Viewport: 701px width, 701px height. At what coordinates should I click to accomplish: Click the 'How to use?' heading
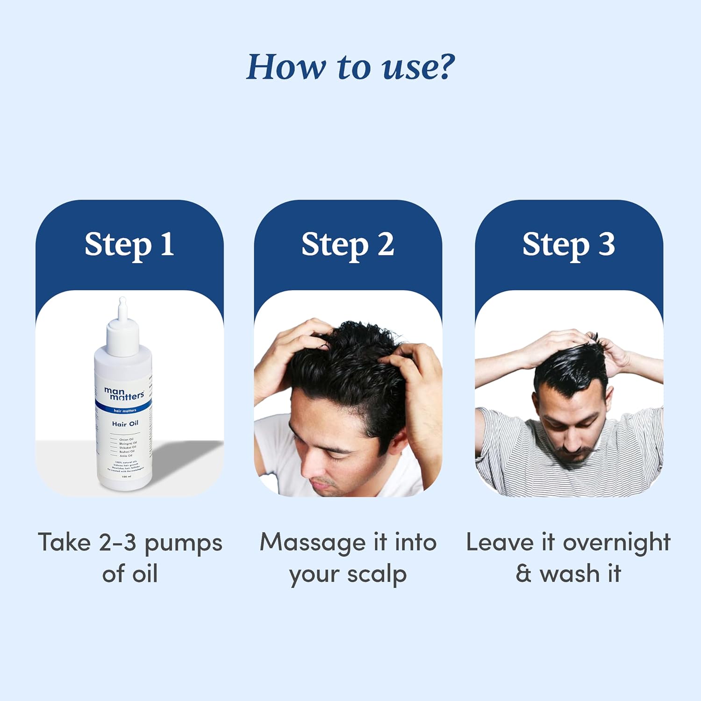[350, 67]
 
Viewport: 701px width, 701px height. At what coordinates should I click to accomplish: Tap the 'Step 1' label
[129, 244]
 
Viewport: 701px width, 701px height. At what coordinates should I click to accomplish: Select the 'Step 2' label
[348, 244]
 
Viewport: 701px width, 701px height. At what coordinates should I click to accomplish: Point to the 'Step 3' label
[568, 244]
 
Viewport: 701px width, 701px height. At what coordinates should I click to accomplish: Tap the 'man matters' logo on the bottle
[124, 393]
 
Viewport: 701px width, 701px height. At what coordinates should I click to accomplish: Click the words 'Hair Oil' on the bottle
[125, 423]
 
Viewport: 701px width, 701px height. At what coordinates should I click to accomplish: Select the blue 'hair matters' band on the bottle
[124, 410]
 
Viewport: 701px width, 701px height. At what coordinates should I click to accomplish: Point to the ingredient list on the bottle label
[125, 447]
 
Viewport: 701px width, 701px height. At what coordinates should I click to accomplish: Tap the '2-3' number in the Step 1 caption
[117, 543]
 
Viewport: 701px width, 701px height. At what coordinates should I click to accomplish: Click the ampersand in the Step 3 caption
[523, 574]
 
